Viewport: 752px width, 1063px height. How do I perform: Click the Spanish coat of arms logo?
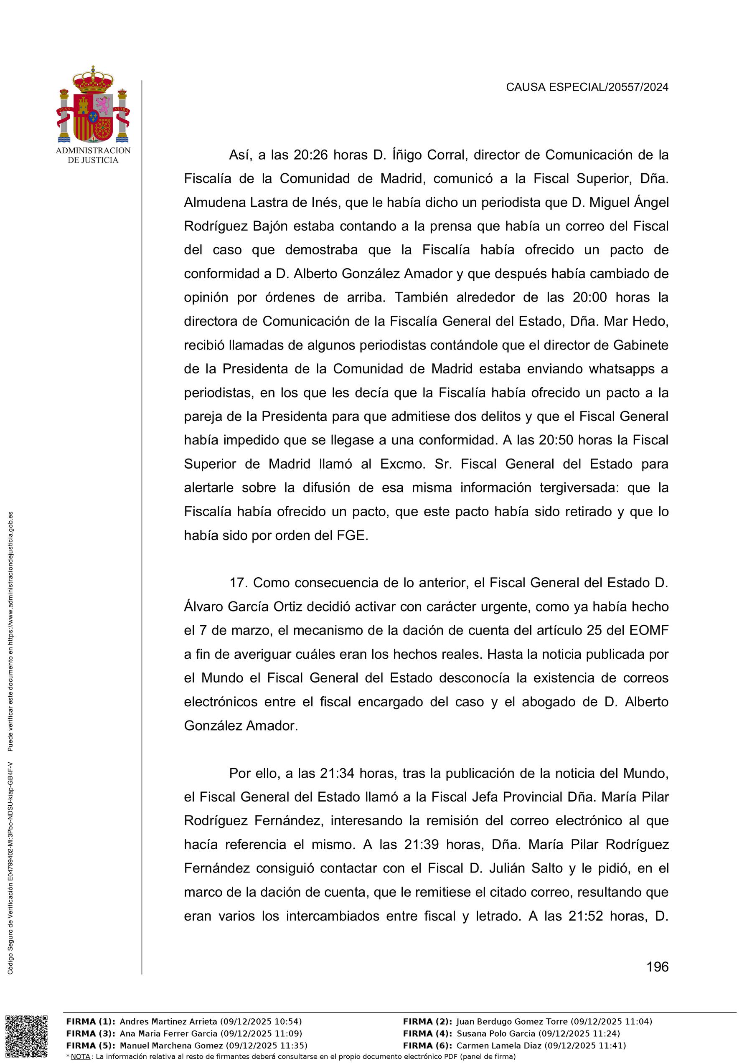pos(93,105)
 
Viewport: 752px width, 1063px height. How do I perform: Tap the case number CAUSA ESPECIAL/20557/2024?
pos(587,87)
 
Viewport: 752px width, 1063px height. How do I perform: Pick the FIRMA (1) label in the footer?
pos(91,1022)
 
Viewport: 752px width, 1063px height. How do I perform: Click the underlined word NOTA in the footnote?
pos(80,1056)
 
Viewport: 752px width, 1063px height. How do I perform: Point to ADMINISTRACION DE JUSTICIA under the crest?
pos(93,155)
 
